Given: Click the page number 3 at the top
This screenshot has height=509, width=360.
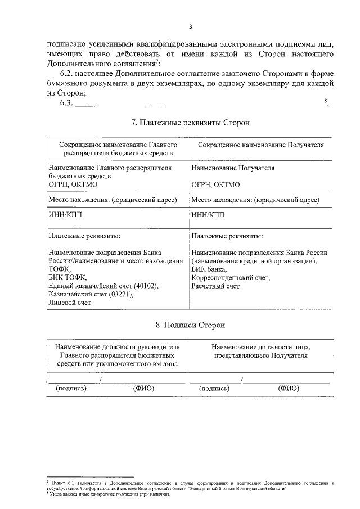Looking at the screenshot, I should point(190,26).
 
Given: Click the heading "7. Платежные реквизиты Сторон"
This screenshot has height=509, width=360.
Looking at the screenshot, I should point(190,122).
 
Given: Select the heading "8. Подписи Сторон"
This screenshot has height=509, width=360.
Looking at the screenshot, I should point(190,325).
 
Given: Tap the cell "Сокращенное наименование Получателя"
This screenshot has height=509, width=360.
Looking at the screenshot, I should point(261,145).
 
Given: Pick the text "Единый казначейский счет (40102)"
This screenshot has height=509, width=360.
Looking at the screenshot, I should point(103,286).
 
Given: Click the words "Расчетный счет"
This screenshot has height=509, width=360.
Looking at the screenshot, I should point(215,286).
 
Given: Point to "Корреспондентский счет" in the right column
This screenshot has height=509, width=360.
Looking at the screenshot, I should point(230,278).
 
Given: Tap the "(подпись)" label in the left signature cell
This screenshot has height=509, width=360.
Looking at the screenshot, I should point(70,388).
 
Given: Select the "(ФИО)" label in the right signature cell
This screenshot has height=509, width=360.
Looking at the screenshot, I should point(289,388).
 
